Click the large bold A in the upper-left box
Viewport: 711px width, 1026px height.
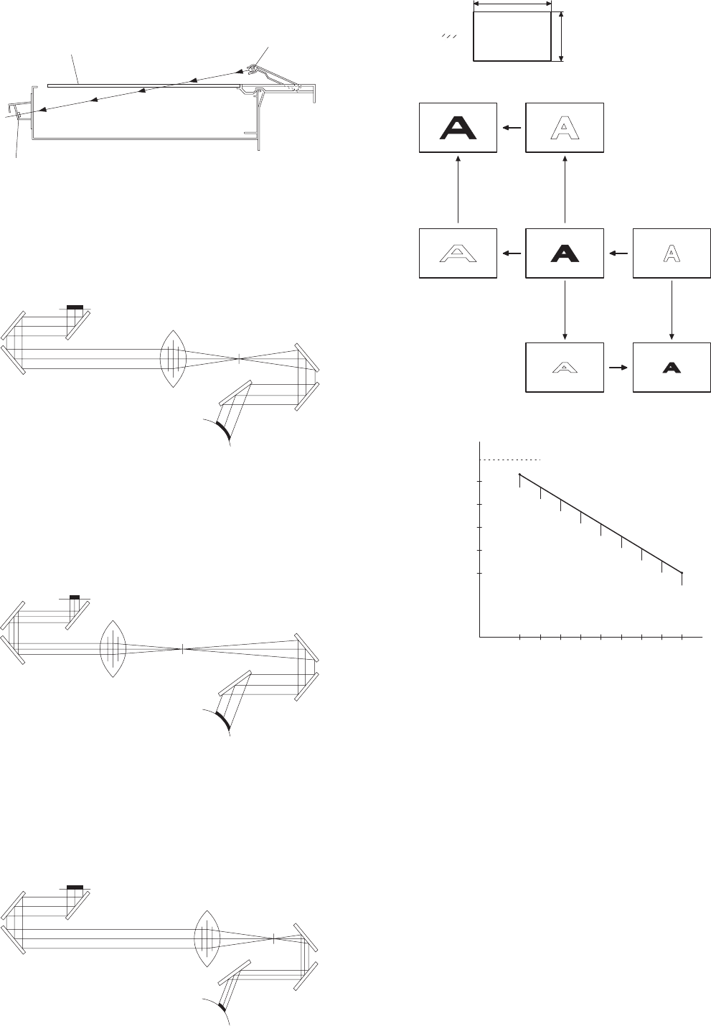click(x=458, y=128)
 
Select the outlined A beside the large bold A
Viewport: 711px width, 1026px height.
click(x=565, y=128)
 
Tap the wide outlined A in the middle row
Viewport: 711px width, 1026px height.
click(x=458, y=253)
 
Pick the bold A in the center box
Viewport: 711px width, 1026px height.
click(x=565, y=253)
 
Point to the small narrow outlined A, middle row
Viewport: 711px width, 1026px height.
click(x=671, y=253)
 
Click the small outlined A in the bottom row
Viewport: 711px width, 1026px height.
click(x=565, y=367)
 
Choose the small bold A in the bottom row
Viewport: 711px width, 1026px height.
click(x=671, y=367)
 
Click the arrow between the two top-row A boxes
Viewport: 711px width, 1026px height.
click(x=511, y=128)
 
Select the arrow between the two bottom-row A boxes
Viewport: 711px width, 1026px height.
click(x=618, y=367)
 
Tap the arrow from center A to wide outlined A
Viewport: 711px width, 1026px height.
click(x=511, y=253)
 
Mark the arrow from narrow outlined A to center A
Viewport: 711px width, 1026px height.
click(x=618, y=253)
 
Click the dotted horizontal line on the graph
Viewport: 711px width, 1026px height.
click(x=510, y=460)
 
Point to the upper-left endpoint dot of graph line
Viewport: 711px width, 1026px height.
click(x=519, y=475)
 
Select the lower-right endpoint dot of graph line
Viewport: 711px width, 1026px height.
click(x=682, y=573)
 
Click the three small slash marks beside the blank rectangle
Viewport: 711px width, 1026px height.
click(x=449, y=36)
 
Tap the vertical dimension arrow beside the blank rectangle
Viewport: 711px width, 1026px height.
click(x=562, y=36)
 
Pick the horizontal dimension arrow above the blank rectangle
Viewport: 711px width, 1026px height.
click(x=512, y=4)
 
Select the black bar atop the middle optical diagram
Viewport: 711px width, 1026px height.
click(x=74, y=597)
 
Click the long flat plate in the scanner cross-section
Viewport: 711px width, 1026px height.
click(x=143, y=85)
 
